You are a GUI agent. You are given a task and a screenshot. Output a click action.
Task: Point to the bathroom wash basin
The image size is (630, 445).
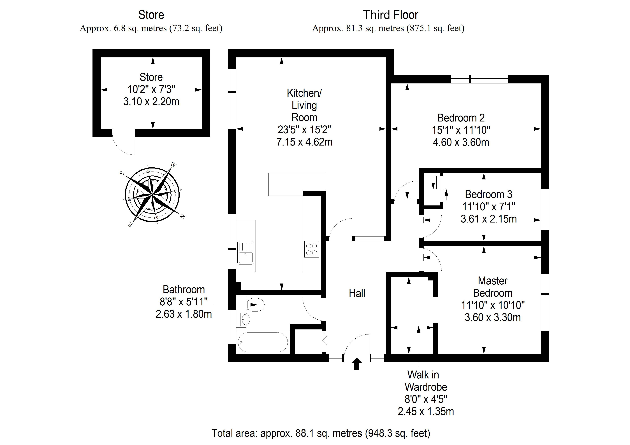pos(245,319)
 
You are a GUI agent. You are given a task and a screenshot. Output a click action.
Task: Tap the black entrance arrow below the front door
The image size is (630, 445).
pos(356,364)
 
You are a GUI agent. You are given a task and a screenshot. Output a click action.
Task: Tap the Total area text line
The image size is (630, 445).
pos(321,433)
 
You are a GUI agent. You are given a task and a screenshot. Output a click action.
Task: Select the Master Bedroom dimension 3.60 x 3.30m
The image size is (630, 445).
pos(493,317)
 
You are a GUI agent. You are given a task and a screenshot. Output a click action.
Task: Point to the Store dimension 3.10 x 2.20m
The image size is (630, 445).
pos(151,102)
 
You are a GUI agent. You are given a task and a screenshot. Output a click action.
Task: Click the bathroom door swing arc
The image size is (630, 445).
pos(310,311)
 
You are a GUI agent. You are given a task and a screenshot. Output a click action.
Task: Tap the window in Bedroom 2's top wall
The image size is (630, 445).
pos(480,79)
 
